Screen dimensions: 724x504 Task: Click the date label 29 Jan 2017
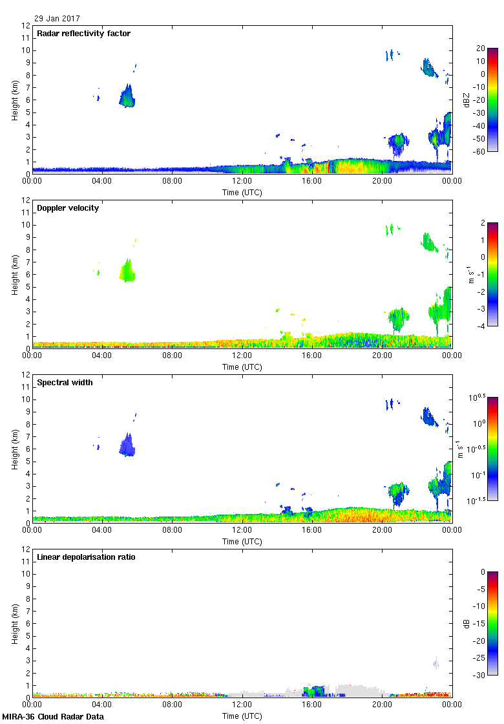click(58, 19)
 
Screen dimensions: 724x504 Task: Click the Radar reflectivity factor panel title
click(84, 34)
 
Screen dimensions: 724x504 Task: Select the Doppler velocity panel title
click(68, 208)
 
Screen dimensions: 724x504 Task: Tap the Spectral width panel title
click(65, 383)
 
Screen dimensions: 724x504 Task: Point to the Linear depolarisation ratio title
click(86, 557)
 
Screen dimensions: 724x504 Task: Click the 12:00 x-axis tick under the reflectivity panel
click(242, 182)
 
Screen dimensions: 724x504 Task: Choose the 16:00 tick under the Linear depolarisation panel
click(312, 705)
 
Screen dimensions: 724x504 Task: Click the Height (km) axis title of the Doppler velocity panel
click(14, 274)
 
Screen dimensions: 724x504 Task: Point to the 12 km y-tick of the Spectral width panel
click(26, 375)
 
